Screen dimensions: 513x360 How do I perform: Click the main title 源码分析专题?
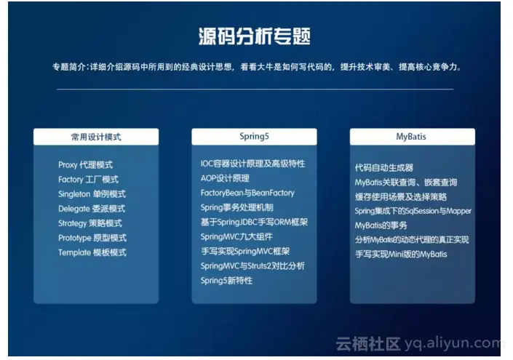254,36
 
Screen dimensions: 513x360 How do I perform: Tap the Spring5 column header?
254,136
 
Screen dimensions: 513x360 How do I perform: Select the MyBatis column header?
413,136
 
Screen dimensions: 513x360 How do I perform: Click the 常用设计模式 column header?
96,137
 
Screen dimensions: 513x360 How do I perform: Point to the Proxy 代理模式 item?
85,165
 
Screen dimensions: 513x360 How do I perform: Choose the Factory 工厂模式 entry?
88,180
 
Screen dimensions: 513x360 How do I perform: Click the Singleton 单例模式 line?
92,194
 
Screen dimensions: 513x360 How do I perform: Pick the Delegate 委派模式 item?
92,209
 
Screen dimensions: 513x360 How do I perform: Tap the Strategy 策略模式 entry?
90,223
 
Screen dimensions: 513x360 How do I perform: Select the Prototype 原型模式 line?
92,238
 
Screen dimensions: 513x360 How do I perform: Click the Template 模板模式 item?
92,252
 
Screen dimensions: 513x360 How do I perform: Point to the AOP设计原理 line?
225,178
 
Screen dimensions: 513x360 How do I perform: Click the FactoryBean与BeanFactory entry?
247,193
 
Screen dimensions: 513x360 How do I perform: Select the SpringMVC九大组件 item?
236,236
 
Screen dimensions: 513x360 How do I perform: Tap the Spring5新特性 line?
226,281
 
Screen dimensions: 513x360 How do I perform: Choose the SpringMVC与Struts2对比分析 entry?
252,266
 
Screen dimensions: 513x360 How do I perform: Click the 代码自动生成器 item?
384,168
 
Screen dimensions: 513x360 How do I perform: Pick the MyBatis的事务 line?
381,225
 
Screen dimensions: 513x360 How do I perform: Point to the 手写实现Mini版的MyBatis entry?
401,254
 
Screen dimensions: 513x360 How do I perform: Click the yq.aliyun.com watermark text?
453,343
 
